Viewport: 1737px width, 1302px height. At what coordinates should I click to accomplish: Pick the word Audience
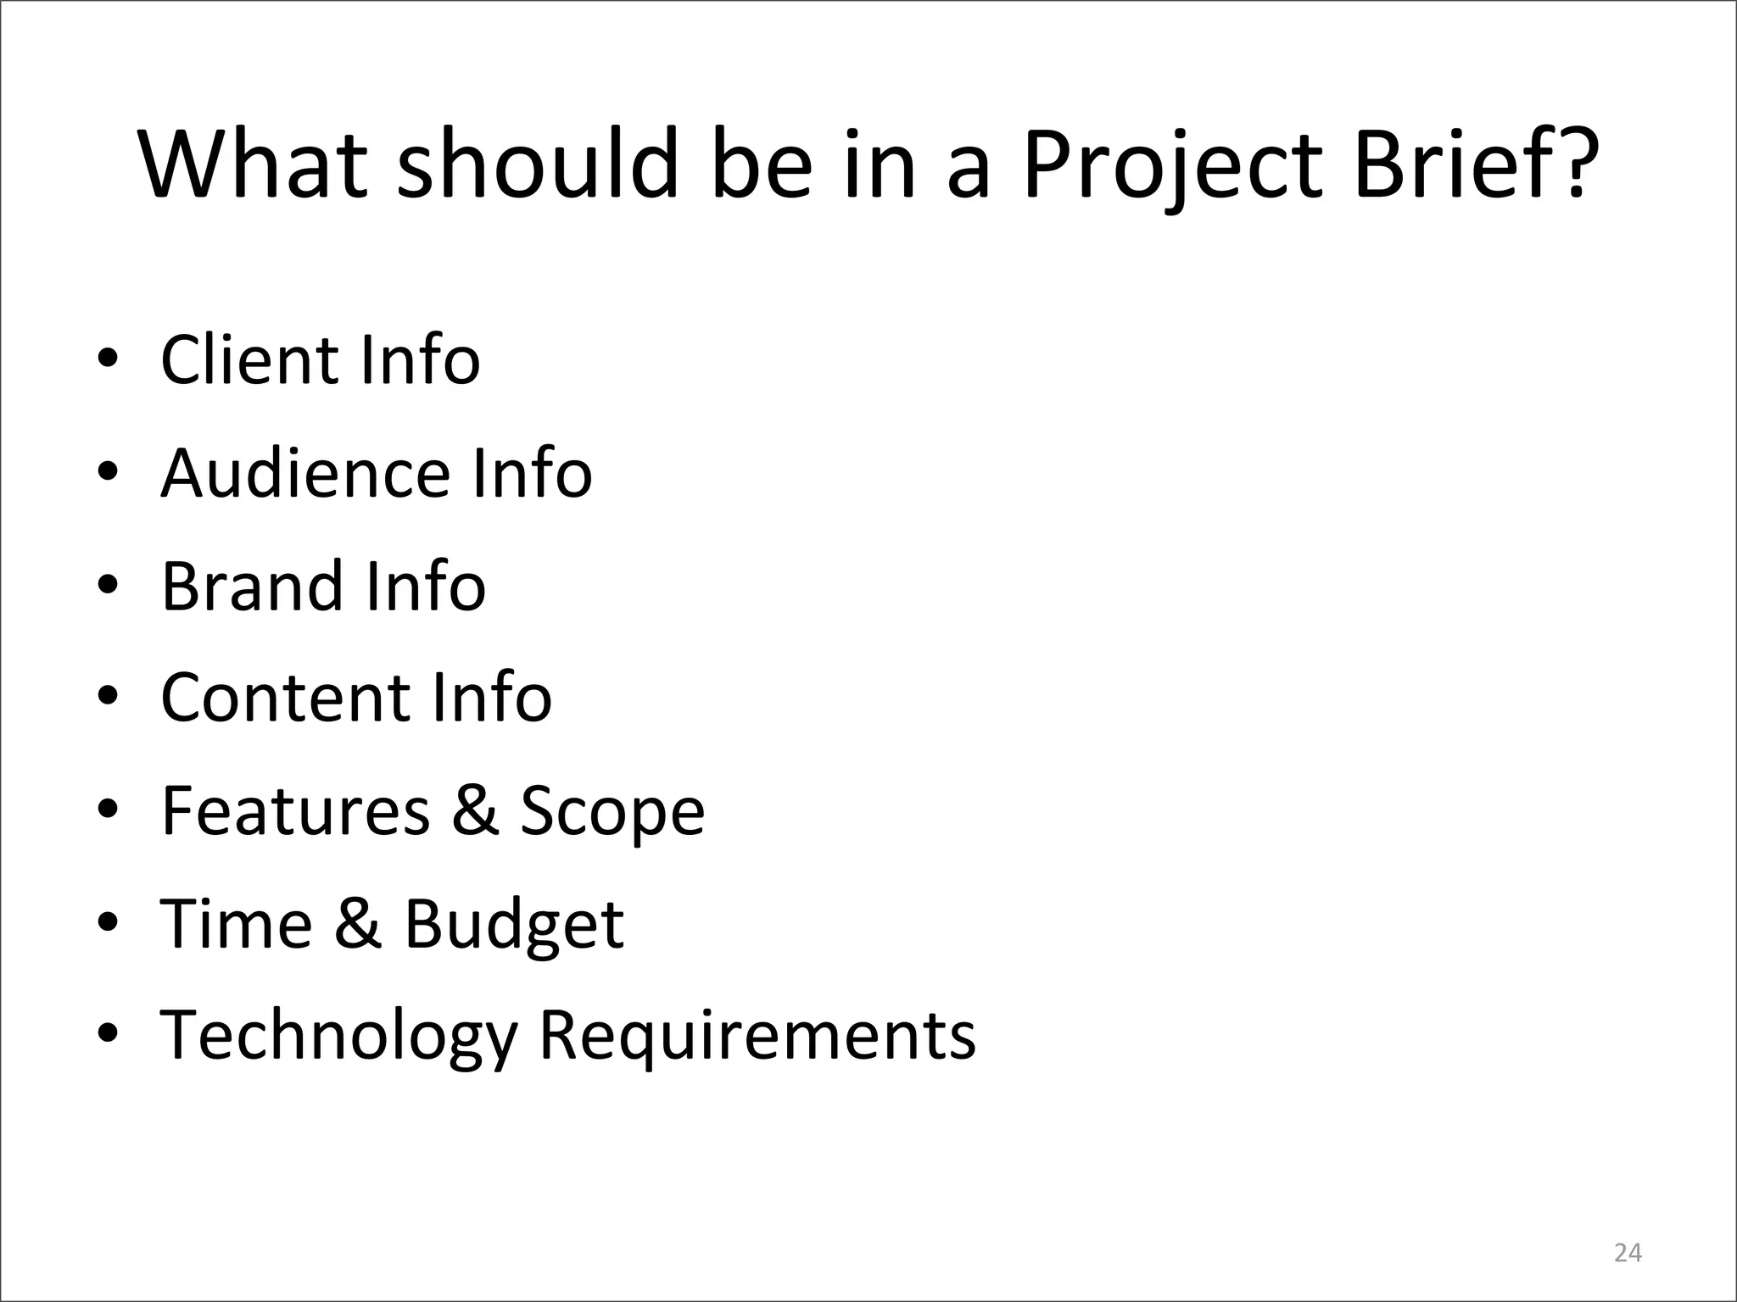pos(305,473)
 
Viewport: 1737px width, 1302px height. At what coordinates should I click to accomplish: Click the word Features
pos(295,810)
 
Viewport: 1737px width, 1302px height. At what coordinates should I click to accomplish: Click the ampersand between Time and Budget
pos(357,923)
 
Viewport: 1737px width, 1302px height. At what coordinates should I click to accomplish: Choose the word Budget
pos(514,926)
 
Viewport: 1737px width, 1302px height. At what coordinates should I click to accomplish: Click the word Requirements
pos(757,1036)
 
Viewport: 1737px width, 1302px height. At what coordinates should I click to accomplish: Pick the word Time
pos(236,923)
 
